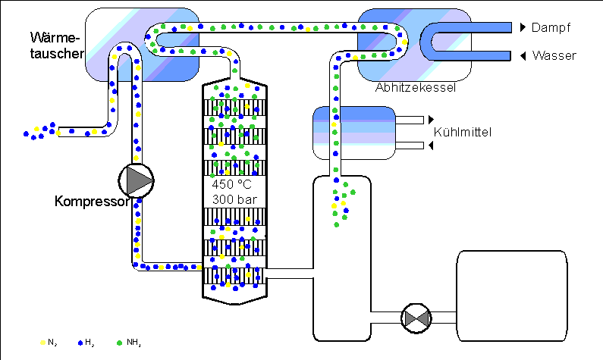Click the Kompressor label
point(92,202)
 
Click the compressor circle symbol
point(136,180)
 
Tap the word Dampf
point(551,27)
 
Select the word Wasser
point(554,56)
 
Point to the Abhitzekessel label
point(416,88)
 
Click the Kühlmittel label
point(463,132)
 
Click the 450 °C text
point(231,184)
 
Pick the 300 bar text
point(234,199)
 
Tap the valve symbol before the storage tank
point(416,318)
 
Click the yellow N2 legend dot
point(42,343)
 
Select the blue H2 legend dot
point(80,343)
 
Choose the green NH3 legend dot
point(119,343)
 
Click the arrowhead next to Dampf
point(523,27)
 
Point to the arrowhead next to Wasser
point(523,56)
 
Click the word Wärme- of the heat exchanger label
point(55,38)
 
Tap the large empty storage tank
point(512,296)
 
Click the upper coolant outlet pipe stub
point(409,120)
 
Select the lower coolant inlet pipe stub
point(409,146)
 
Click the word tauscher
point(57,53)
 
